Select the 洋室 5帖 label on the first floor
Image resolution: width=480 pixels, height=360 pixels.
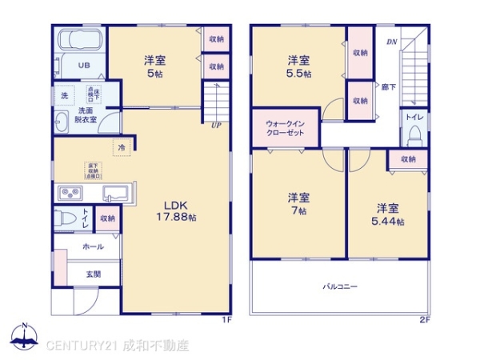[155, 66]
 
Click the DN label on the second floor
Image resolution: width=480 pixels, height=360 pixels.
[392, 41]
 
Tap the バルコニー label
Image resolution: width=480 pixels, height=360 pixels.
[340, 286]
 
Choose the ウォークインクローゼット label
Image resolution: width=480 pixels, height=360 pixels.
[286, 129]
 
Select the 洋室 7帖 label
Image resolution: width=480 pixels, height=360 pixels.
[299, 203]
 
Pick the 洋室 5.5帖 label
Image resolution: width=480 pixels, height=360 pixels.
[299, 66]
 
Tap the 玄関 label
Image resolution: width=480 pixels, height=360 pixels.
[94, 274]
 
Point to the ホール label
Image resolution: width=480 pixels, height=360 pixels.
[94, 248]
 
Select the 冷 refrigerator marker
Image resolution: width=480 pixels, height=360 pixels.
[122, 149]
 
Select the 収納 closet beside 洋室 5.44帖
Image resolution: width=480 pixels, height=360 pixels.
[408, 159]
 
